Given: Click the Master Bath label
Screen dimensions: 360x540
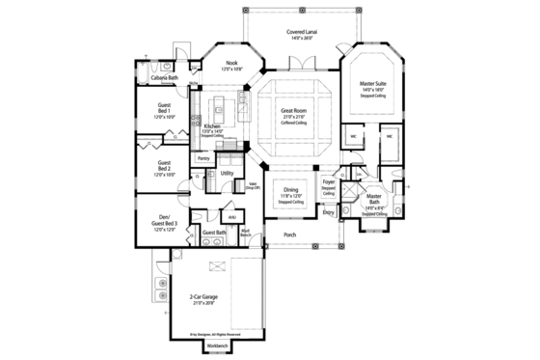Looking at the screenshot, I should pyautogui.click(x=375, y=205).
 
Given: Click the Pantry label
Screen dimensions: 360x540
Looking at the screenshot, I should pyautogui.click(x=203, y=157).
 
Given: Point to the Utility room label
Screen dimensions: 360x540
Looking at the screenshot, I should pyautogui.click(x=228, y=174).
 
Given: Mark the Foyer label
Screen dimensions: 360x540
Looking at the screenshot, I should pyautogui.click(x=329, y=181).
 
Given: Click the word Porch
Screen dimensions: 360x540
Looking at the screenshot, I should pyautogui.click(x=289, y=235).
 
